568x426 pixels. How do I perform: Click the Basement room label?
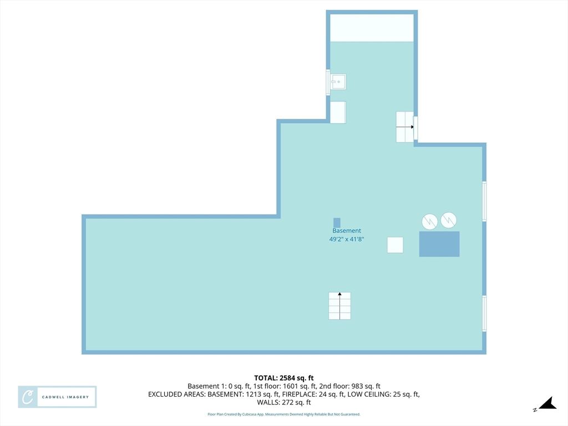347,231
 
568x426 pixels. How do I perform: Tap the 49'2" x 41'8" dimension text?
347,239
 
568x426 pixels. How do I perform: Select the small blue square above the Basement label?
337,223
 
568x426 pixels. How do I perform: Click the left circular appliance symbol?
430,222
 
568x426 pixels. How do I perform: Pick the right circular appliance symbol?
448,220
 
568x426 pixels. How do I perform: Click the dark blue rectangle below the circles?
439,244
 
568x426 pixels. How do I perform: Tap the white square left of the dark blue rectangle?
395,245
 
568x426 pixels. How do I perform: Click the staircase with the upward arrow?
340,306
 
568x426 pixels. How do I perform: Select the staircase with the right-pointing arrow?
404,127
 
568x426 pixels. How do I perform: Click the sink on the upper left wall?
338,82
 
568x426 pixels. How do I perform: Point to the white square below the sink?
338,112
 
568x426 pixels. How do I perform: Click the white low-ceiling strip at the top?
372,28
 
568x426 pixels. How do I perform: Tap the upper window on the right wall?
484,201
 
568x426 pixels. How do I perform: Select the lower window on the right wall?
484,314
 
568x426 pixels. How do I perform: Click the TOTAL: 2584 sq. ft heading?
284,378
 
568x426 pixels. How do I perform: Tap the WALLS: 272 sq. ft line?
284,402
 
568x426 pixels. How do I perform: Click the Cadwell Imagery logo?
57,397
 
